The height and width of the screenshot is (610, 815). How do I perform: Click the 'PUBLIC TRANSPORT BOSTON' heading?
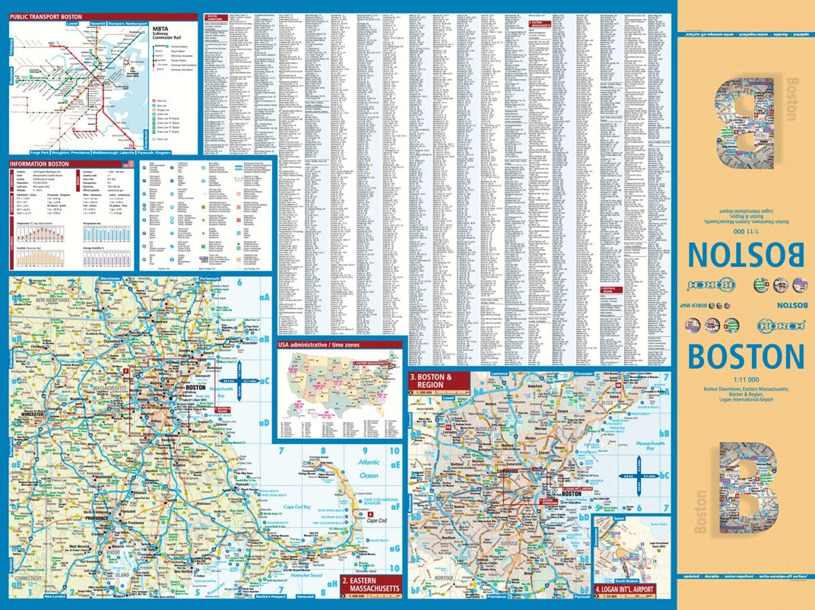tap(46, 16)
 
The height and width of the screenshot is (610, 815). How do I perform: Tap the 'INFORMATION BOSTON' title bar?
tap(40, 164)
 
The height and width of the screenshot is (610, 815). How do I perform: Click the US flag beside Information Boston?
tap(126, 164)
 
